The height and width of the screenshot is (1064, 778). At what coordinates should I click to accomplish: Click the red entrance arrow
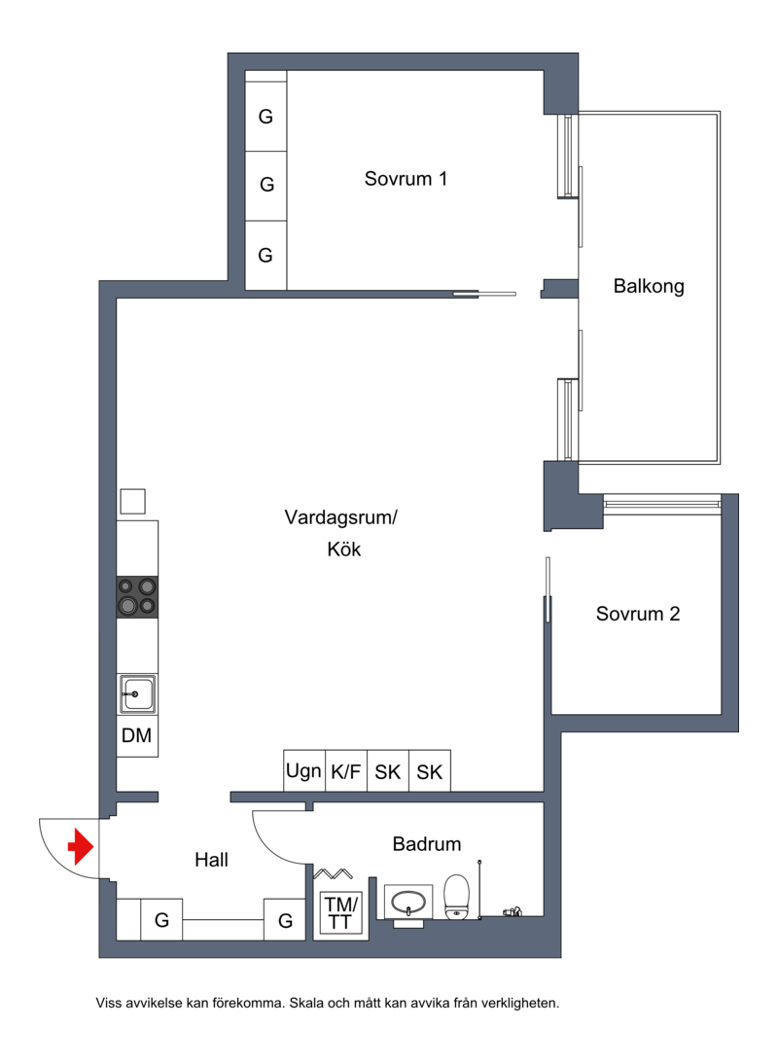(80, 846)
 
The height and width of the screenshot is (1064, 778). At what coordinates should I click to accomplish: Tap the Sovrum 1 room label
(406, 178)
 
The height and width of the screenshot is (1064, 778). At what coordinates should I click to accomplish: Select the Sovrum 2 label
(638, 614)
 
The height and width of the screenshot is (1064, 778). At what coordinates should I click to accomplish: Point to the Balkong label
(649, 286)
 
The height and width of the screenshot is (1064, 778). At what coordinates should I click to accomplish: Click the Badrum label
(427, 843)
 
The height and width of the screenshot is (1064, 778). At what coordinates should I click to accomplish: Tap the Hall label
(212, 860)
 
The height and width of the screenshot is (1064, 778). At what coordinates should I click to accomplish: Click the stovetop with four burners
(138, 596)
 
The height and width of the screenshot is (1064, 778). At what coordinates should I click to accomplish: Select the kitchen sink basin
(138, 694)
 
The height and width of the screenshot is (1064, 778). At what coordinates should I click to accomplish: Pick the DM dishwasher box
(137, 735)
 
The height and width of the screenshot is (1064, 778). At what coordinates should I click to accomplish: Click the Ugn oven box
(303, 770)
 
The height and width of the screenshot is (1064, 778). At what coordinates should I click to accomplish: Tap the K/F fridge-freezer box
(346, 770)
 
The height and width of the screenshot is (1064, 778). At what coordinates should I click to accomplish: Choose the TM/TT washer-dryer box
(340, 913)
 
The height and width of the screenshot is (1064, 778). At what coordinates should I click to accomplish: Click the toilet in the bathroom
(456, 897)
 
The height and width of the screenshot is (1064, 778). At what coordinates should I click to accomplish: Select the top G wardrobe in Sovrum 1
(265, 116)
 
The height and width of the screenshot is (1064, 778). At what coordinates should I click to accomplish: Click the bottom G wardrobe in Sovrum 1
(265, 255)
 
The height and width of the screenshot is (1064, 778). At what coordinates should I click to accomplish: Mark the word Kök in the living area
(344, 549)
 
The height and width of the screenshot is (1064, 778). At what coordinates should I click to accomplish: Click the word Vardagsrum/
(340, 517)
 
